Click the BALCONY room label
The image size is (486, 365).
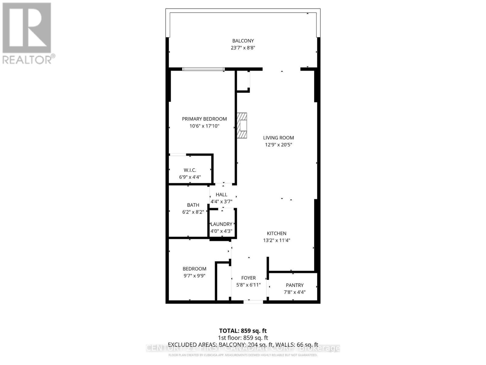[243, 41]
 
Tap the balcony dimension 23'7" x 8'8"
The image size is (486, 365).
[243, 48]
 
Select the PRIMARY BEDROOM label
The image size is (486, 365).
[204, 119]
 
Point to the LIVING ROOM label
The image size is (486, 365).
[279, 138]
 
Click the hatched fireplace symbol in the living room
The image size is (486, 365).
[242, 125]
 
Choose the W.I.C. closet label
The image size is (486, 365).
[190, 170]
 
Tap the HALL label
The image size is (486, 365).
[221, 195]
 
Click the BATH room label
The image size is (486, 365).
[193, 205]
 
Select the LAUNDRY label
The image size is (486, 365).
[221, 224]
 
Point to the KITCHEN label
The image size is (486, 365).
[277, 233]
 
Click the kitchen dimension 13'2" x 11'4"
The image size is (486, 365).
[277, 240]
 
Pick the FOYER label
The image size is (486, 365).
[248, 278]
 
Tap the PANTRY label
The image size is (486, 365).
[295, 285]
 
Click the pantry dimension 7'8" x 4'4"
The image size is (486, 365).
[295, 292]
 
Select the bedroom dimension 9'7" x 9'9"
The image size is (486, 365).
[194, 276]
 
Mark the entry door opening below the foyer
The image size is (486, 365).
[253, 302]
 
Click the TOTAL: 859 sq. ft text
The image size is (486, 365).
[243, 331]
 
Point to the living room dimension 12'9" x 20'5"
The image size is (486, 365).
[279, 145]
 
